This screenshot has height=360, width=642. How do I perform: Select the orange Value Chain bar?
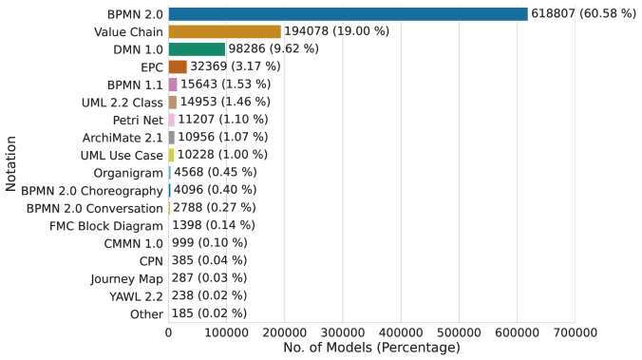point(224,31)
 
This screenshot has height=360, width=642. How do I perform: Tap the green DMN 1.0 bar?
point(197,48)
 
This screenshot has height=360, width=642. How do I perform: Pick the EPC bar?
point(178,66)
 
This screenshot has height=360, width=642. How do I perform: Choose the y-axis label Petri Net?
point(134,120)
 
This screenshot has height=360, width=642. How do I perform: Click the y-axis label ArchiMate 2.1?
point(123,138)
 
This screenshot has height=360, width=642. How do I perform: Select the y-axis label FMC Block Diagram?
point(105,225)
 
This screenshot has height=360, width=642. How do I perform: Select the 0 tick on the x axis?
point(168,332)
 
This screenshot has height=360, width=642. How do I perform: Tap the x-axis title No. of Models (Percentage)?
point(371,348)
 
